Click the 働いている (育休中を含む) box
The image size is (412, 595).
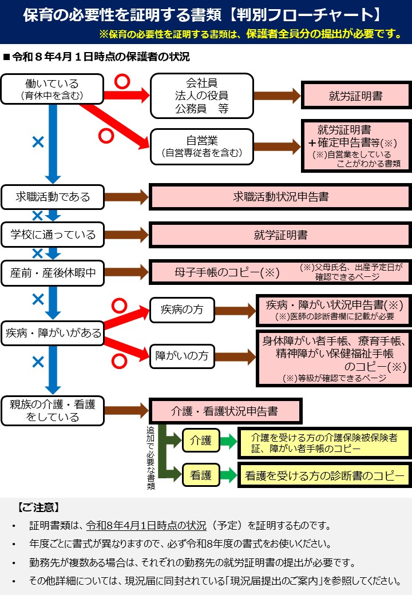pos(52,89)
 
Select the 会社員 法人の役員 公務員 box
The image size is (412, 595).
pos(201,96)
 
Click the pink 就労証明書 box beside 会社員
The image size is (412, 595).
pos(355,96)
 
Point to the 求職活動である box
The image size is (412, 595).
pos(52,197)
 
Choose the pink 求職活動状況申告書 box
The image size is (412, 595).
pos(280,197)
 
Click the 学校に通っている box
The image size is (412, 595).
pos(52,235)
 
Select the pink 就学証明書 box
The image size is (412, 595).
pos(280,235)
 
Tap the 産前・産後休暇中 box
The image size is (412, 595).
pos(52,272)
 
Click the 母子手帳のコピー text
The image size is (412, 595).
pos(227,272)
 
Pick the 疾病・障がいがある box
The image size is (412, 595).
pos(52,332)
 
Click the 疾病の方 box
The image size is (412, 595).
pos(181,310)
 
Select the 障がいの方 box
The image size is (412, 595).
pos(181,356)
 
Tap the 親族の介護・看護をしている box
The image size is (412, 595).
pos(52,411)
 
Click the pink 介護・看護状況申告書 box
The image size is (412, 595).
pos(224,411)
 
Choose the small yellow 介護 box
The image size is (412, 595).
pos(201,441)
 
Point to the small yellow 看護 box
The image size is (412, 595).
pos(201,475)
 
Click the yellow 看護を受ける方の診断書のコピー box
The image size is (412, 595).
pos(324,475)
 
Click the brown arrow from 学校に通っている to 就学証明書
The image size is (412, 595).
pos(126,235)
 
